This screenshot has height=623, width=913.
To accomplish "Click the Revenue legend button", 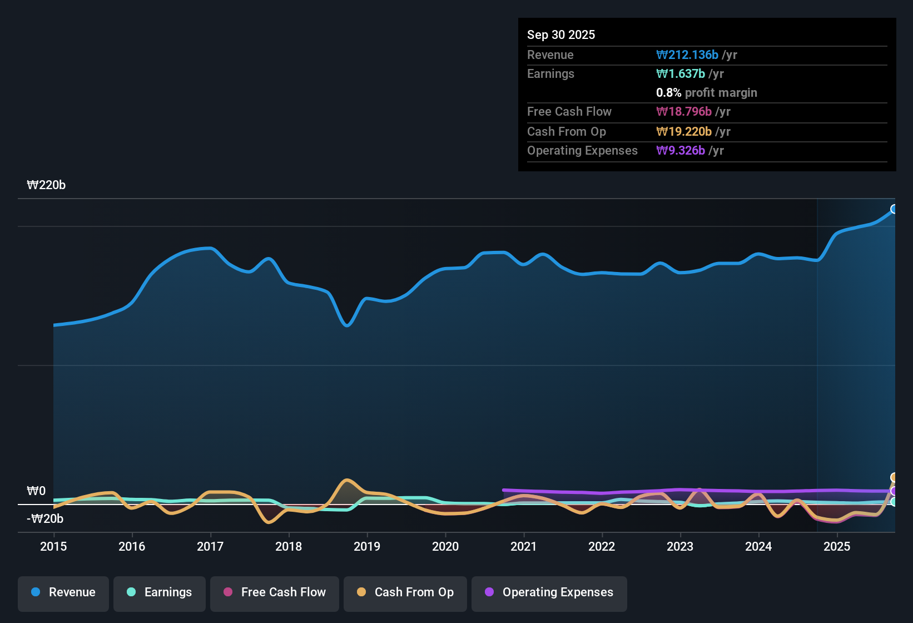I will pyautogui.click(x=63, y=592).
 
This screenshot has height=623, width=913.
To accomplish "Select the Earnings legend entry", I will pyautogui.click(x=160, y=592).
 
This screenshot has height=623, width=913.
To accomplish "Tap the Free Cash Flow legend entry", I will pyautogui.click(x=275, y=592).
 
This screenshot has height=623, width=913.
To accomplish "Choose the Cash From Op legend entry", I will pyautogui.click(x=405, y=592).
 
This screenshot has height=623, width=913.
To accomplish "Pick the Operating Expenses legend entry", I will pyautogui.click(x=549, y=592).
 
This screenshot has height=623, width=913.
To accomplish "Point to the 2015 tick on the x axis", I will pyautogui.click(x=53, y=546).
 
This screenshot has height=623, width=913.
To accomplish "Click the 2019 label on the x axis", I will pyautogui.click(x=367, y=546).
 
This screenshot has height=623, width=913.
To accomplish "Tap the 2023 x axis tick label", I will pyautogui.click(x=680, y=546).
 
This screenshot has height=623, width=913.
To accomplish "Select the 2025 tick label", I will pyautogui.click(x=837, y=546).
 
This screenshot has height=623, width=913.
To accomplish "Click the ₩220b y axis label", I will pyautogui.click(x=46, y=185).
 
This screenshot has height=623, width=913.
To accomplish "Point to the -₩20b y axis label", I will pyautogui.click(x=45, y=519).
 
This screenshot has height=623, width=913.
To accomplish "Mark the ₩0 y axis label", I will pyautogui.click(x=36, y=491).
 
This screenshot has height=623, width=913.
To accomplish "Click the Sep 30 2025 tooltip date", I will pyautogui.click(x=561, y=34).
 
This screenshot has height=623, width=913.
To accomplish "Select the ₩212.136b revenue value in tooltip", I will pyautogui.click(x=687, y=55).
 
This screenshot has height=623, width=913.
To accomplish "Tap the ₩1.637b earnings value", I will pyautogui.click(x=681, y=73).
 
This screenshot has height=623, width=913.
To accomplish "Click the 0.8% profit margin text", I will pyautogui.click(x=706, y=92).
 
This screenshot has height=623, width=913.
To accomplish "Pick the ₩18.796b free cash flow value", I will pyautogui.click(x=684, y=111).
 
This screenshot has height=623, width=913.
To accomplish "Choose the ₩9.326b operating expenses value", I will pyautogui.click(x=681, y=150).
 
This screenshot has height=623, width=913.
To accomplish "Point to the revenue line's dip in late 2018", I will pyautogui.click(x=347, y=325).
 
